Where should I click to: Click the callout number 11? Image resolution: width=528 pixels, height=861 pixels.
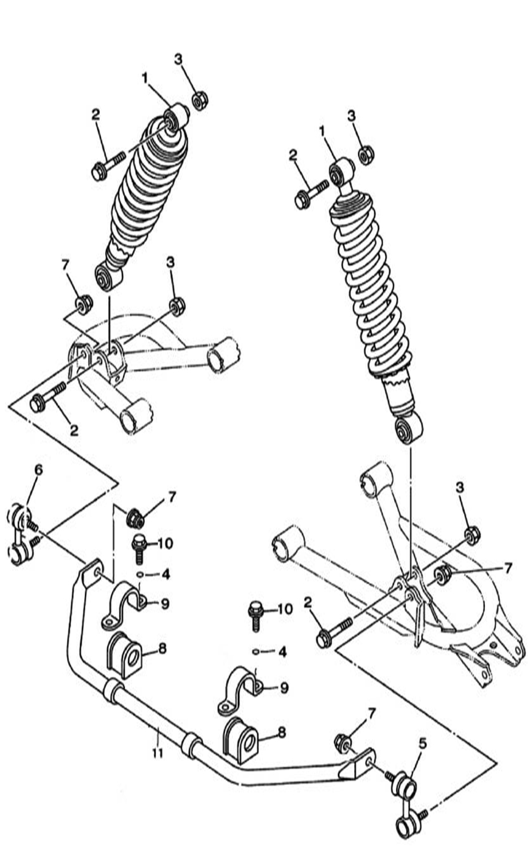[158, 752]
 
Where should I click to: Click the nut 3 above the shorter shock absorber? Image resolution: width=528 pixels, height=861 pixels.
[200, 101]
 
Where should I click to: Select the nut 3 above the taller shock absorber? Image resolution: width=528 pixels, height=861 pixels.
[367, 155]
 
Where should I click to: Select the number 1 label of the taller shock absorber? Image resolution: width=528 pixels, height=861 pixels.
[322, 132]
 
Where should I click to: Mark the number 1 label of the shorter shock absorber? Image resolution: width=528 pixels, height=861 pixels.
[145, 78]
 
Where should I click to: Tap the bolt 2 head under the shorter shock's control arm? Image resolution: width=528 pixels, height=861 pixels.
[36, 404]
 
